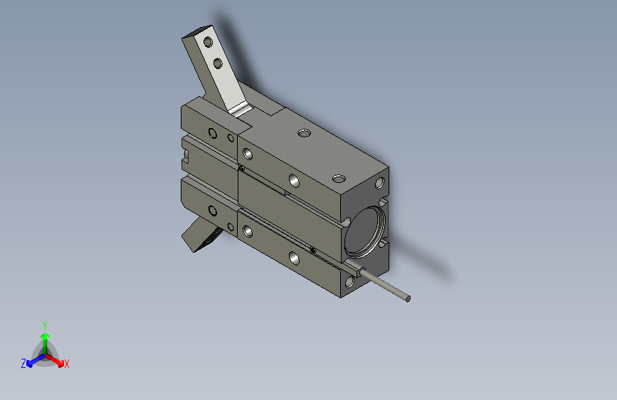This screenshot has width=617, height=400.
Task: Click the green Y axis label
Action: pyautogui.click(x=44, y=325)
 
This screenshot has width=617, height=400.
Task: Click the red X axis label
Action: pyautogui.click(x=66, y=364)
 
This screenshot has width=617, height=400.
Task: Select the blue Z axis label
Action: pyautogui.click(x=23, y=363)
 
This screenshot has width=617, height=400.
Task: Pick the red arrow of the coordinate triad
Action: pyautogui.click(x=57, y=359)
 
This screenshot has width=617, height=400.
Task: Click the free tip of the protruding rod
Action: pyautogui.click(x=408, y=298)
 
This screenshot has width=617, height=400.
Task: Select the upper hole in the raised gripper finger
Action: pyautogui.click(x=209, y=43)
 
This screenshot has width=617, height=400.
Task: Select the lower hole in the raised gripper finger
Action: pyautogui.click(x=218, y=65)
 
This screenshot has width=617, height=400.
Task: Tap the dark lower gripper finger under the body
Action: pyautogui.click(x=201, y=234)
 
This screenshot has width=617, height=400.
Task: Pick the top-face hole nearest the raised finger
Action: pyautogui.click(x=305, y=132)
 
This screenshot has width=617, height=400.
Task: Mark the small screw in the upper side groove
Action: pyautogui.click(x=242, y=169)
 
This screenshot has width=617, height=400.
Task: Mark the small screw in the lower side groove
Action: pyautogui.click(x=313, y=248)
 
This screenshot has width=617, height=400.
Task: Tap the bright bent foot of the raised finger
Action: pyautogui.click(x=241, y=108)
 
